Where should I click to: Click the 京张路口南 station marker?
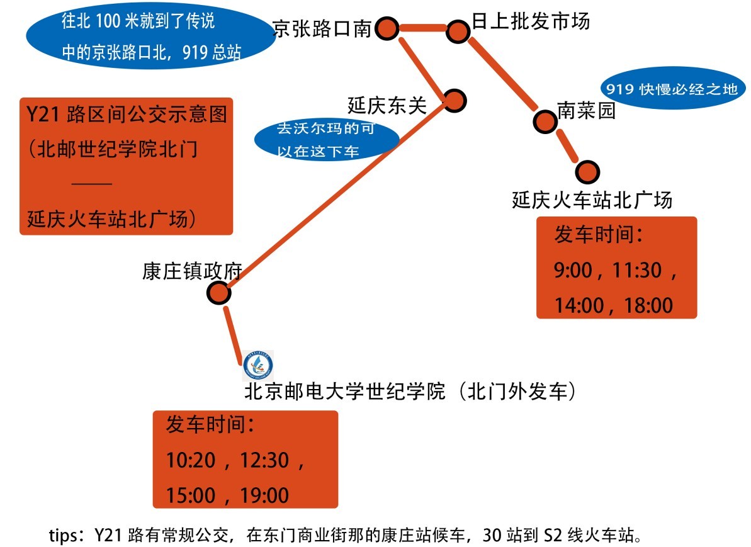(387, 28)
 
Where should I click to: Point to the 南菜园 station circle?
(543, 121)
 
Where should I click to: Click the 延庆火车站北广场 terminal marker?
(588, 171)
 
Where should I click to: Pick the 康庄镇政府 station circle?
(218, 291)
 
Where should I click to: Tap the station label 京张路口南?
(322, 28)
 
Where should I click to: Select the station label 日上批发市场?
(530, 21)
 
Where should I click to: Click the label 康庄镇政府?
(192, 271)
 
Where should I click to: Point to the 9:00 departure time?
(573, 271)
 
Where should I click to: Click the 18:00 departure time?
(648, 306)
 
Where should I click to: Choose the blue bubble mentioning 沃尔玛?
(325, 140)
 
